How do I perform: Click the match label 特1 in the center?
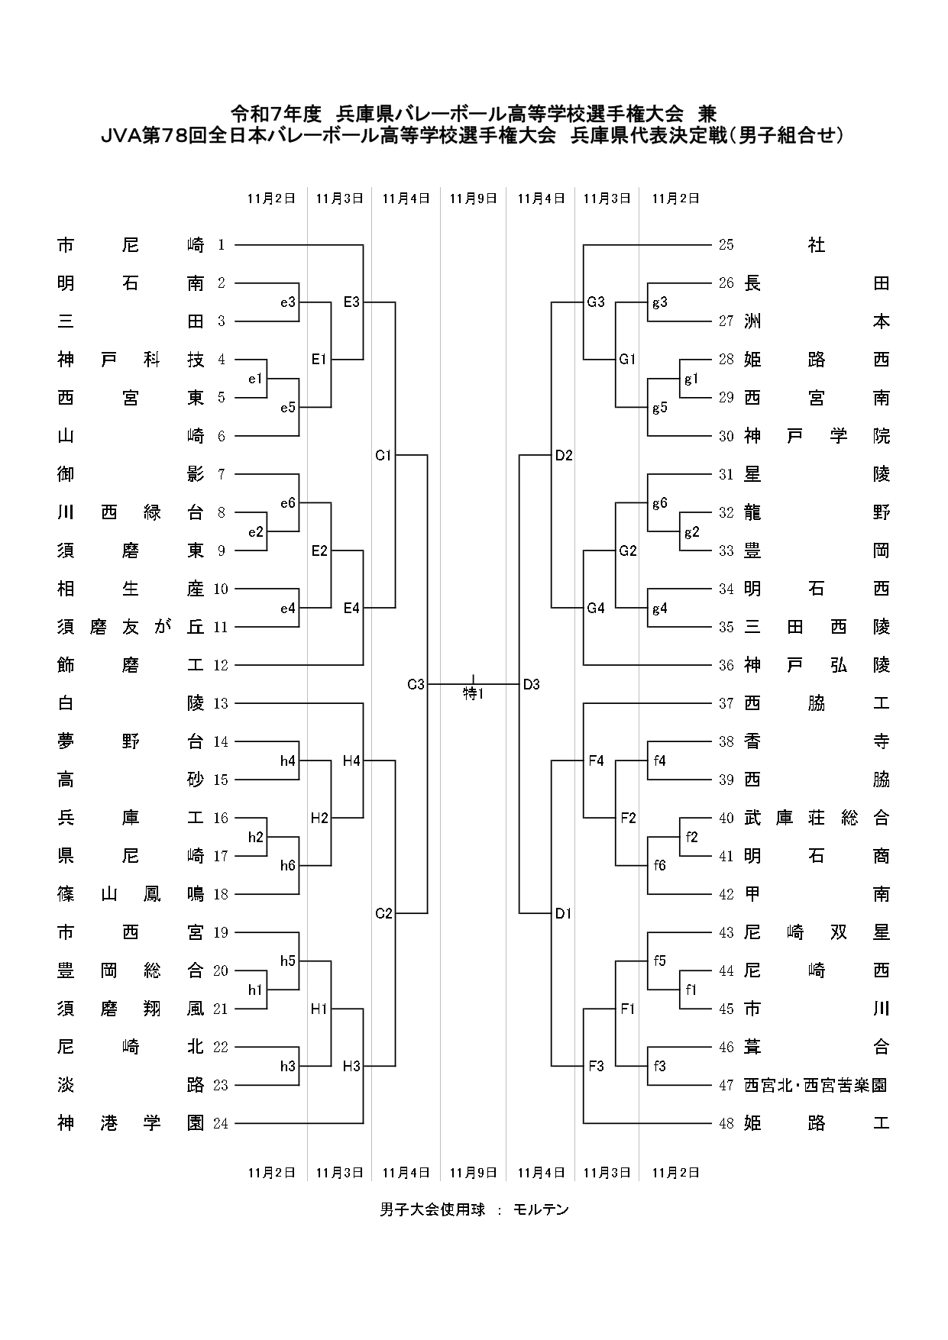click(x=474, y=694)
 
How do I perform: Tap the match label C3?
click(x=415, y=685)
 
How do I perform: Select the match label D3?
click(x=532, y=685)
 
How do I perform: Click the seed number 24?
click(x=221, y=1123)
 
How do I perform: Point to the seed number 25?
click(x=726, y=245)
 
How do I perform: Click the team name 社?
click(x=817, y=245)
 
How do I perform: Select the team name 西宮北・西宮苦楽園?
click(x=817, y=1085)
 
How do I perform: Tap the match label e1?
click(x=255, y=379)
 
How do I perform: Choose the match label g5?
click(x=659, y=408)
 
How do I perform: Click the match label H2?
click(x=319, y=819)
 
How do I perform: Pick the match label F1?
click(x=628, y=1009)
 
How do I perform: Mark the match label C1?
click(x=383, y=456)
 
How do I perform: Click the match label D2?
click(x=564, y=456)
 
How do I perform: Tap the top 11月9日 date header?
click(x=473, y=199)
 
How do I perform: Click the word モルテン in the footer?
click(x=541, y=1209)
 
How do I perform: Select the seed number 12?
click(x=221, y=665)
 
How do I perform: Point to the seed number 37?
click(x=726, y=703)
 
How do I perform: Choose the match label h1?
click(x=255, y=990)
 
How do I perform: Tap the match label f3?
click(x=659, y=1066)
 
